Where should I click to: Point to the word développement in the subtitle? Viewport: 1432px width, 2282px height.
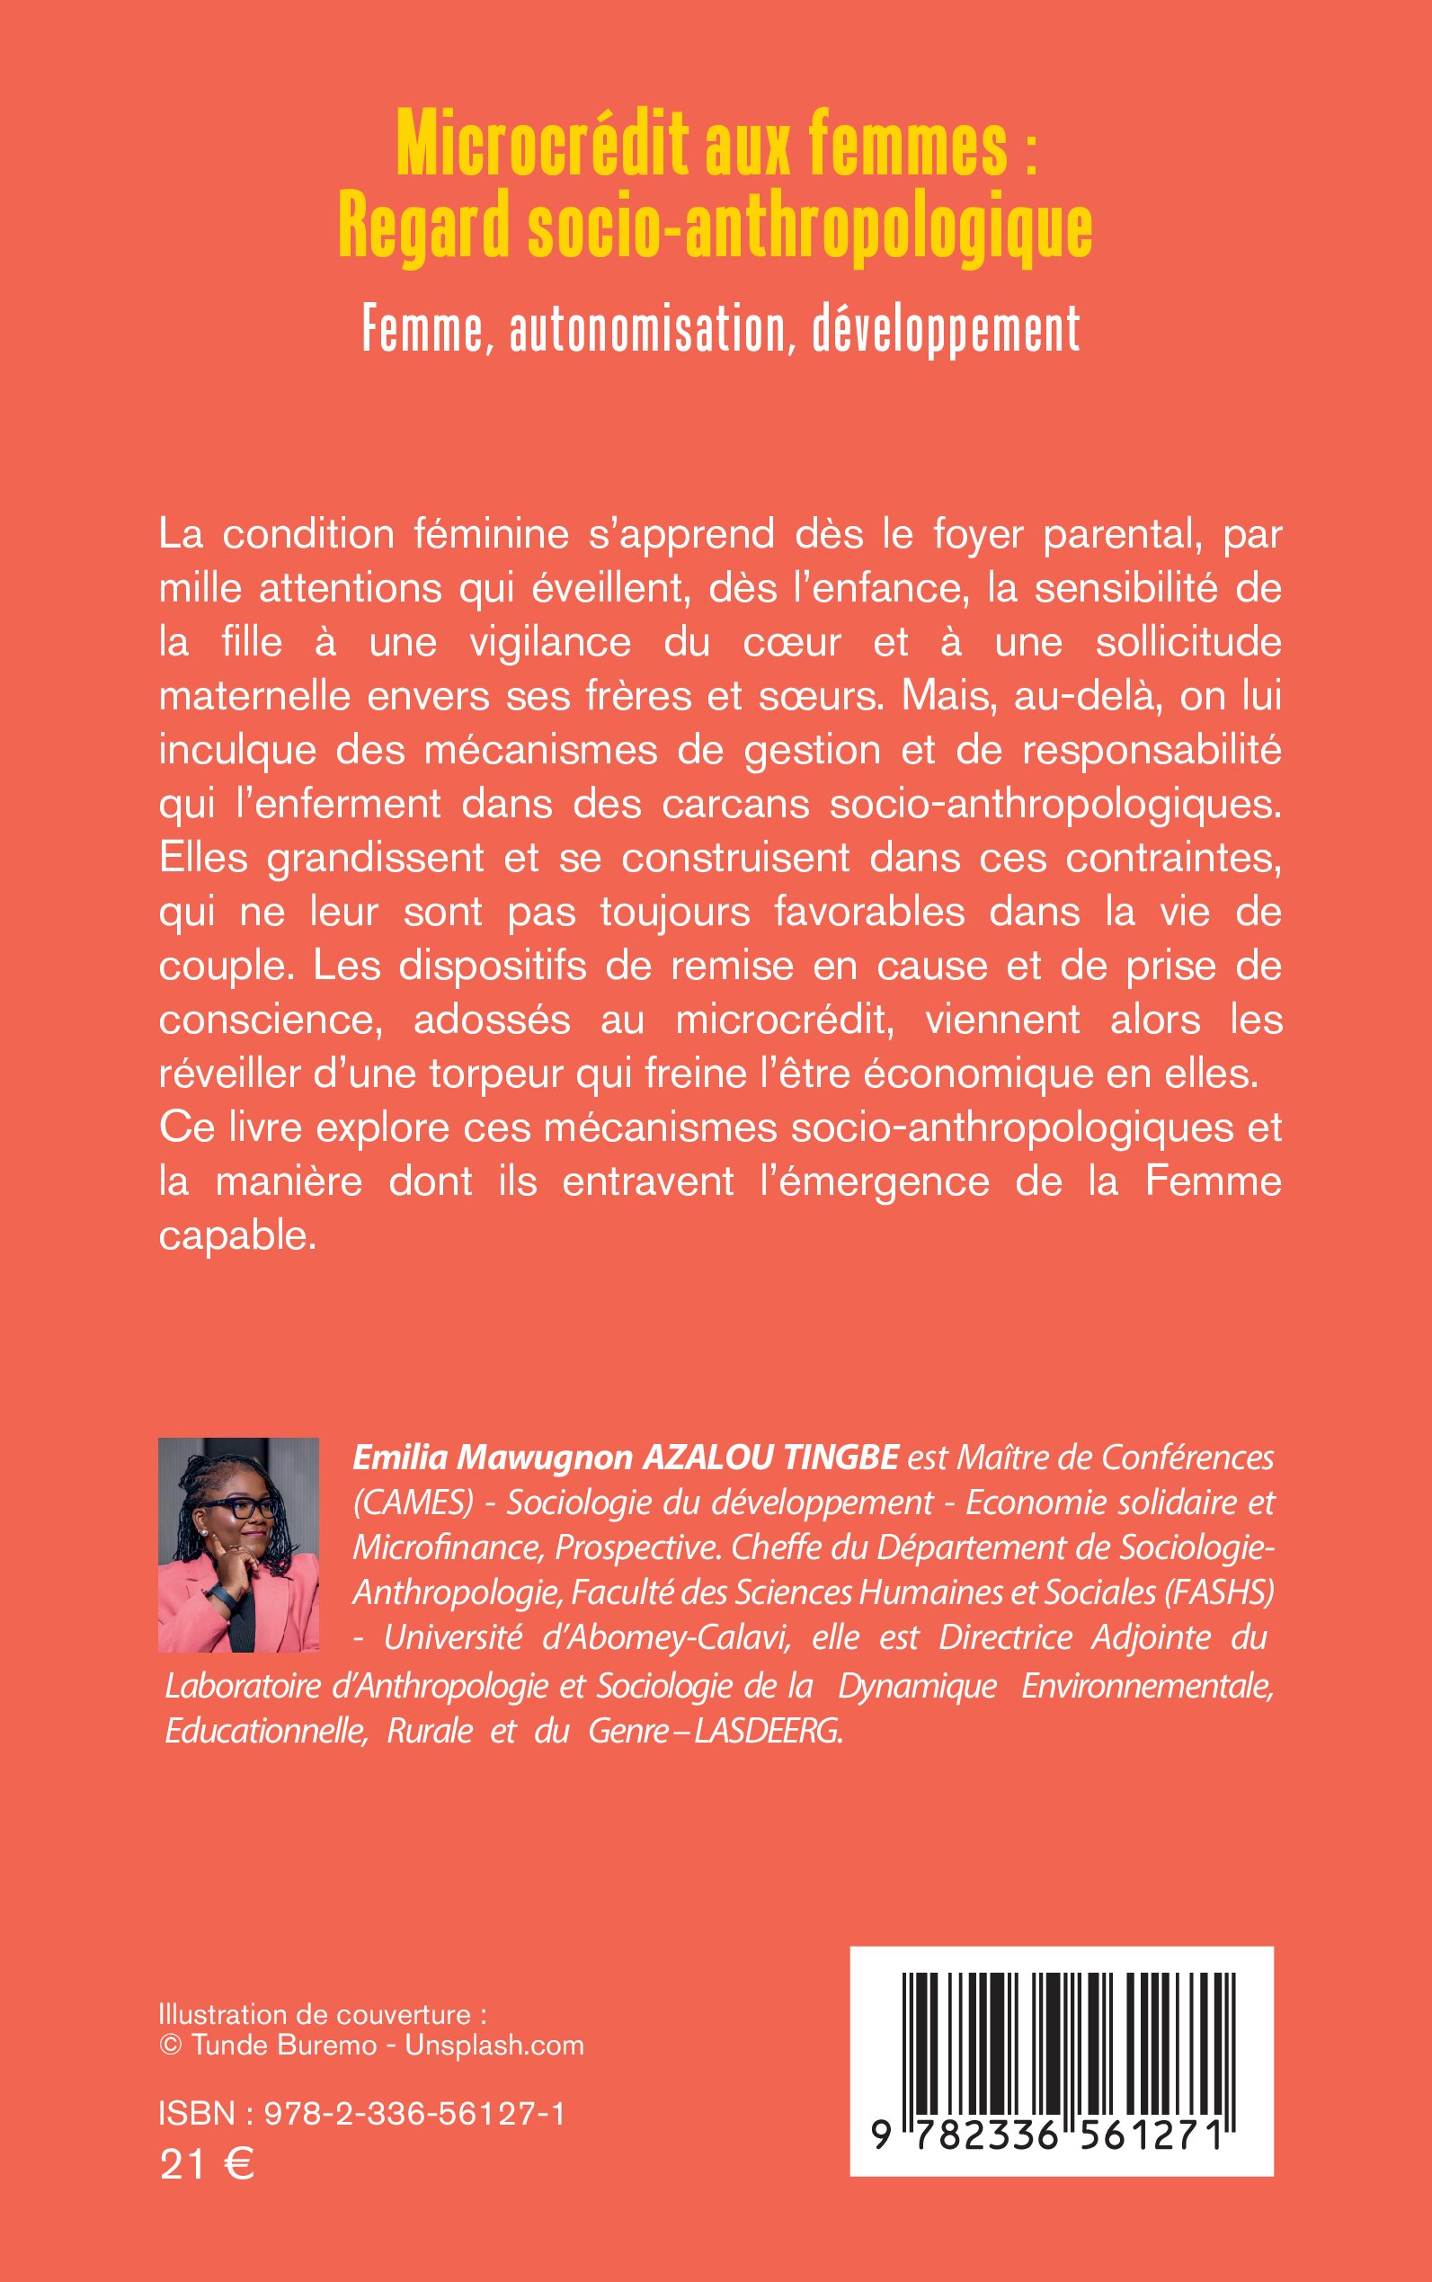point(945,329)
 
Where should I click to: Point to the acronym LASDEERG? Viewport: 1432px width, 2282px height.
point(768,1731)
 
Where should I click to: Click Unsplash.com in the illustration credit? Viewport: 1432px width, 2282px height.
point(494,2046)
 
